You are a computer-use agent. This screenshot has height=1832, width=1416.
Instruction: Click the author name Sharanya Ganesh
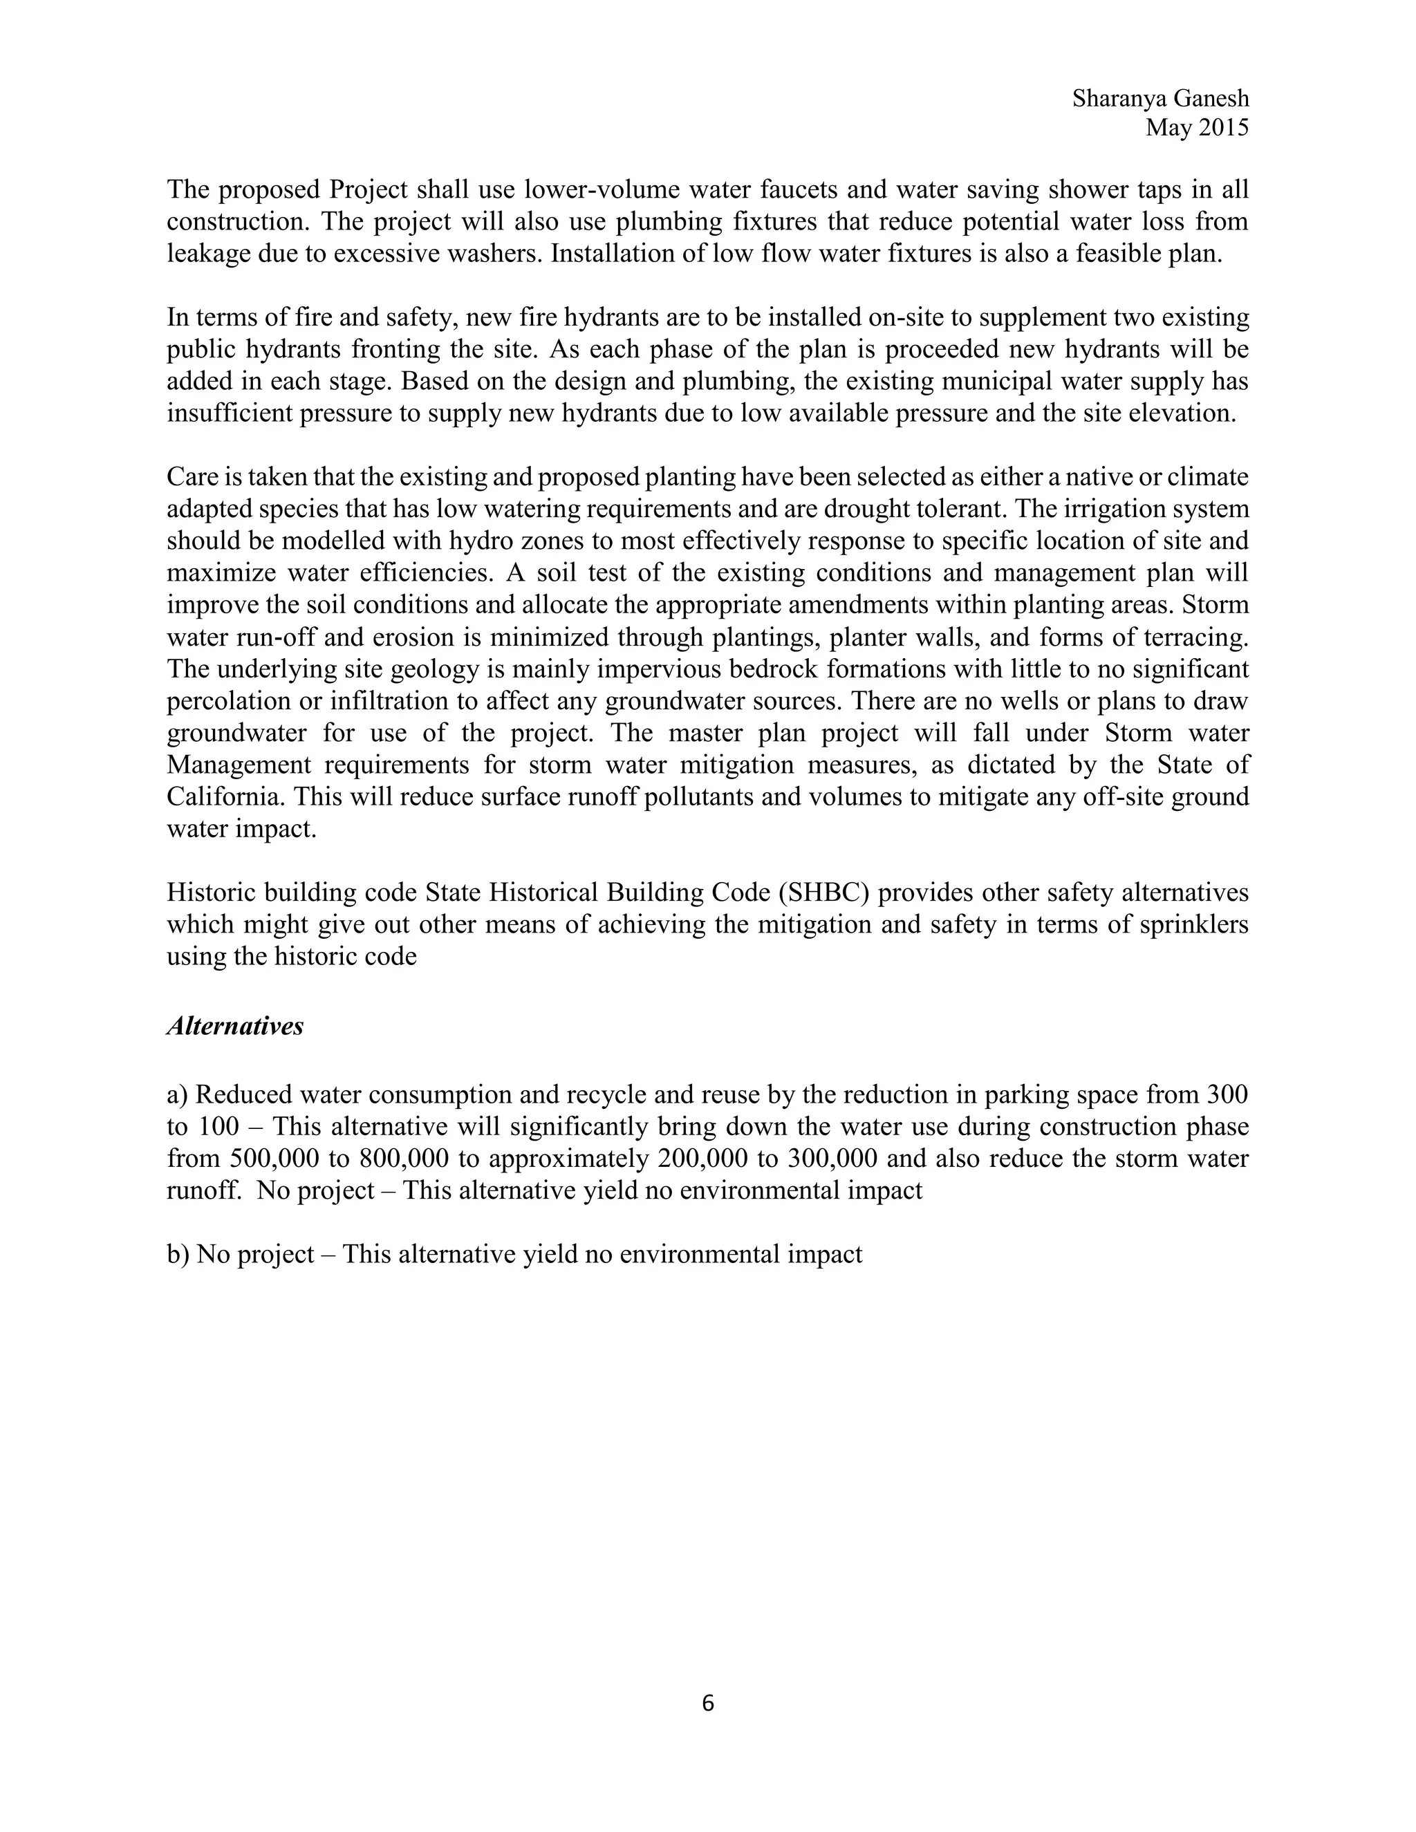[x=1160, y=99]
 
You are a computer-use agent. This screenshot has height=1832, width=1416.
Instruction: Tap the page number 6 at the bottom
[x=707, y=1703]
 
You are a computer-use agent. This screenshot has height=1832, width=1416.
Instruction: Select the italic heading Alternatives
[x=235, y=1026]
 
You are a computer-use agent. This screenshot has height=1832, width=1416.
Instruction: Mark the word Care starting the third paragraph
[x=192, y=477]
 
